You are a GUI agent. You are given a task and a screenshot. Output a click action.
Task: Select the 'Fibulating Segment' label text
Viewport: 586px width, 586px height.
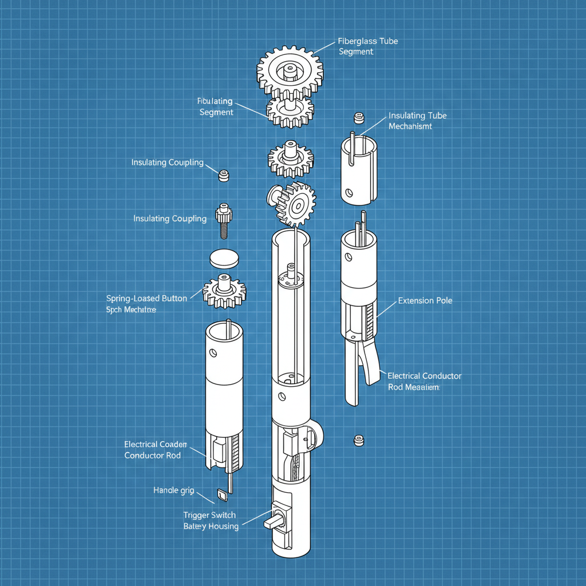(216, 107)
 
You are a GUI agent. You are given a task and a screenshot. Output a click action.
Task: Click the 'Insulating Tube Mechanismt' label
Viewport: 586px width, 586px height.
(417, 121)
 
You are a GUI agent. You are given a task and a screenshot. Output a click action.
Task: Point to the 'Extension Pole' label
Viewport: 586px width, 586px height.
(425, 300)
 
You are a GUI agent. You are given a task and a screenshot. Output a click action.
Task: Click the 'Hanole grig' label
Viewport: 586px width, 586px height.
(173, 490)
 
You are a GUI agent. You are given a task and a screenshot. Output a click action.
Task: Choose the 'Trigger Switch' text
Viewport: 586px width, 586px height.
(209, 515)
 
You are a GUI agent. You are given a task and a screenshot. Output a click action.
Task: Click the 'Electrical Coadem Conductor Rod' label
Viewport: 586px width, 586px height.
(155, 450)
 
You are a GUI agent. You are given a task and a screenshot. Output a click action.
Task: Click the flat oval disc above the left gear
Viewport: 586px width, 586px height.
(223, 258)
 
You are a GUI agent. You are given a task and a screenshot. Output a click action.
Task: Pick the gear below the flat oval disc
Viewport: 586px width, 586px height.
(224, 290)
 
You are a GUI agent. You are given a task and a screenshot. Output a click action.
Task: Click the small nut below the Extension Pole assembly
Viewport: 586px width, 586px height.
(359, 440)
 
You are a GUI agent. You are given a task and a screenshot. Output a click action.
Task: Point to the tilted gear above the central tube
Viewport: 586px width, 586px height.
(292, 203)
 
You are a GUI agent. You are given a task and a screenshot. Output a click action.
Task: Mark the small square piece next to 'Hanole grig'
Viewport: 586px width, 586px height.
(222, 493)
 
